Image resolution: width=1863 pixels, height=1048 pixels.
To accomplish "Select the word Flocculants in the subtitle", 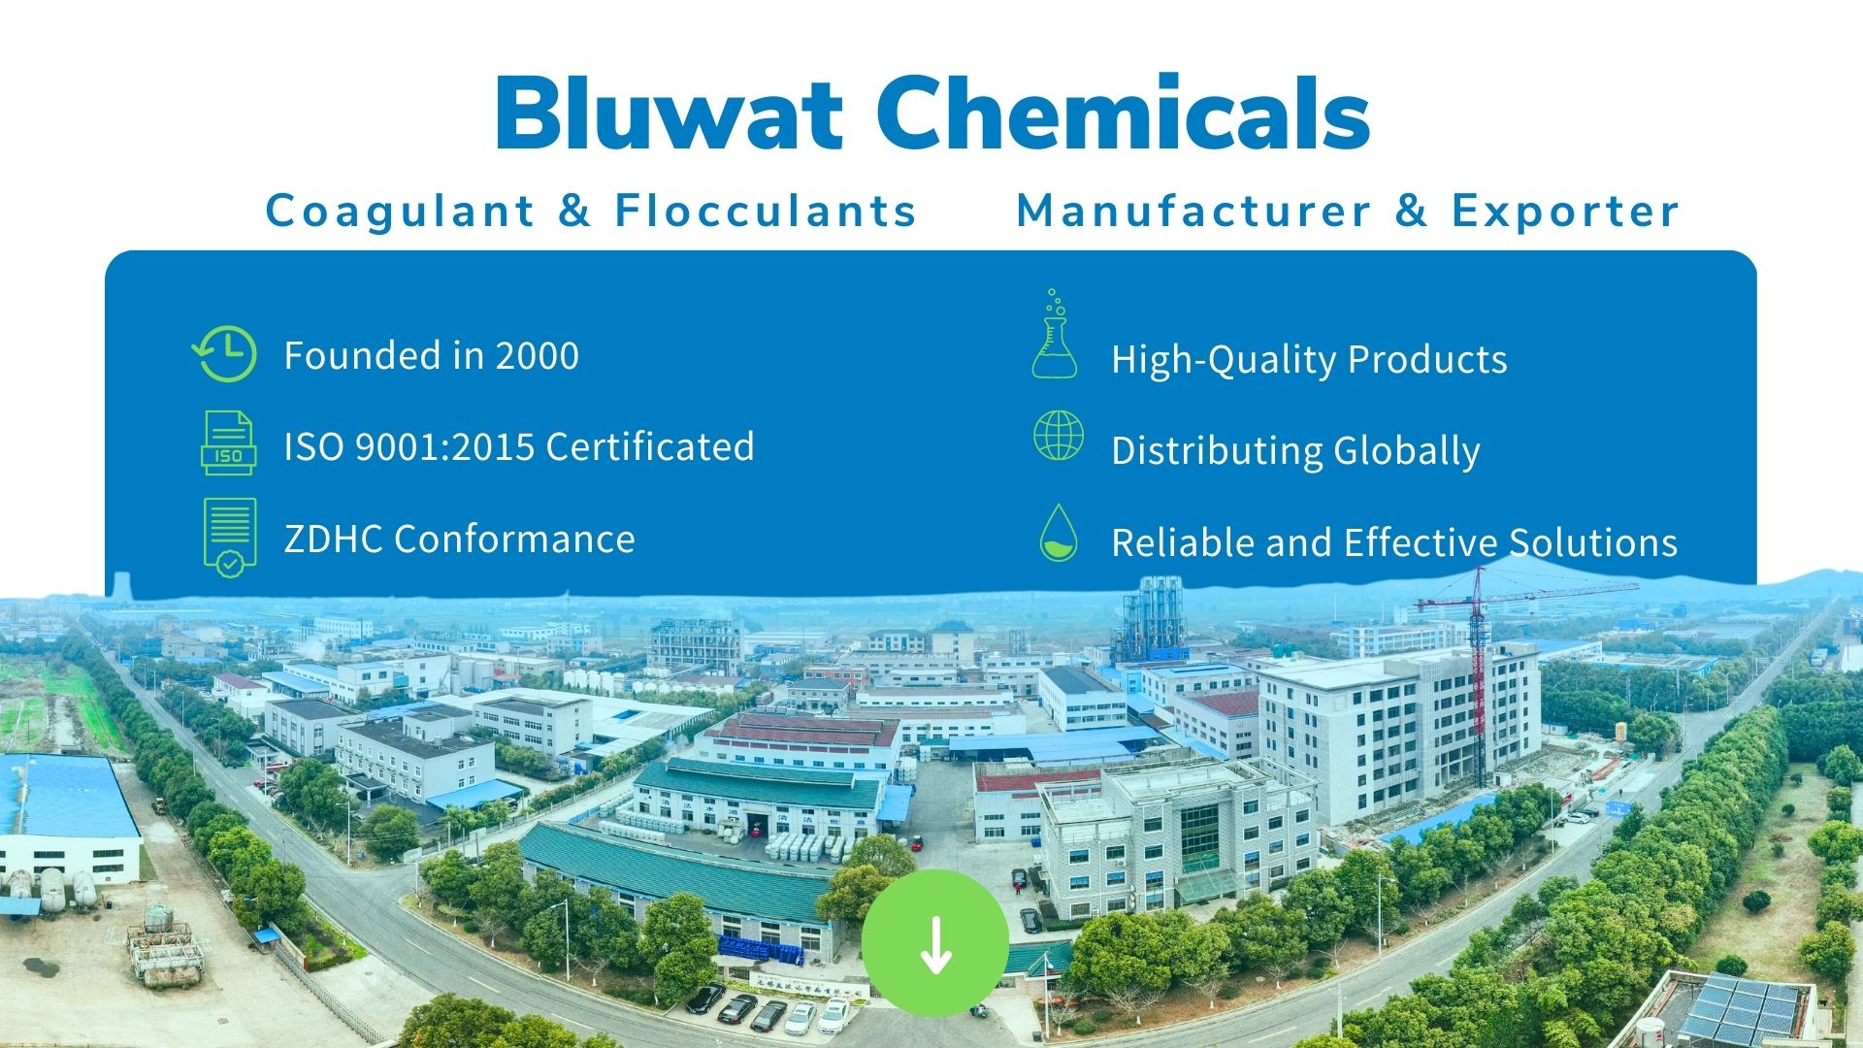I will click(x=766, y=211).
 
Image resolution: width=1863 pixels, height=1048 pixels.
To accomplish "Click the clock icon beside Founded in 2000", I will click(x=226, y=354).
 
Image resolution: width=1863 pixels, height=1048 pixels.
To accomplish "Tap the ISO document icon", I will click(x=228, y=443).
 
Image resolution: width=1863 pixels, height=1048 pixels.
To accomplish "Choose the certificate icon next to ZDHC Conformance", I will click(x=230, y=538).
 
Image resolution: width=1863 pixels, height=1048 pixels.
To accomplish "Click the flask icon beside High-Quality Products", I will click(x=1055, y=336).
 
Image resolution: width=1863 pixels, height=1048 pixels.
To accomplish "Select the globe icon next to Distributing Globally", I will click(x=1058, y=435).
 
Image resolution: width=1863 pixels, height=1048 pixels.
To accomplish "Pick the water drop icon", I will click(x=1058, y=533).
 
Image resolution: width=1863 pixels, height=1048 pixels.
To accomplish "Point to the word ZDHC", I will click(x=333, y=539).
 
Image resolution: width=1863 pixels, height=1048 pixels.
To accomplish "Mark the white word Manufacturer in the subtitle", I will click(x=1193, y=211).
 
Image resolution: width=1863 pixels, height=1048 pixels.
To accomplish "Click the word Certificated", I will click(x=650, y=446).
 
